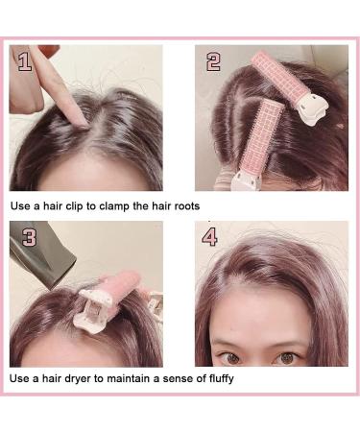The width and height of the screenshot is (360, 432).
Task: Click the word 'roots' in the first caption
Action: click(x=183, y=206)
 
